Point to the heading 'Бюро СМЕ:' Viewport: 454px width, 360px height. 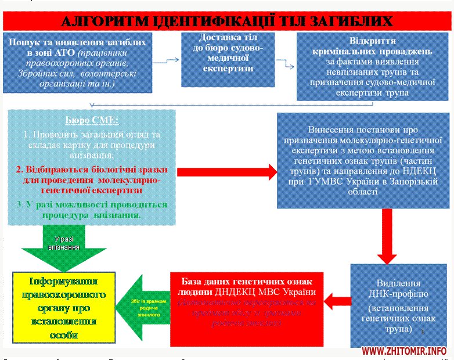pyautogui.click(x=92, y=121)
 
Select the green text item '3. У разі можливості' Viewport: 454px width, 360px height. pyautogui.click(x=92, y=209)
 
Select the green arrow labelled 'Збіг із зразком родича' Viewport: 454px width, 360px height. pyautogui.click(x=146, y=306)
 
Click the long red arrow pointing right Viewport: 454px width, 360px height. pyautogui.click(x=227, y=172)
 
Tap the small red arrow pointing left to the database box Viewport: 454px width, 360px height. pyautogui.click(x=336, y=300)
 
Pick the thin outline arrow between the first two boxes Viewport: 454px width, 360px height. pyautogui.click(x=167, y=61)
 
